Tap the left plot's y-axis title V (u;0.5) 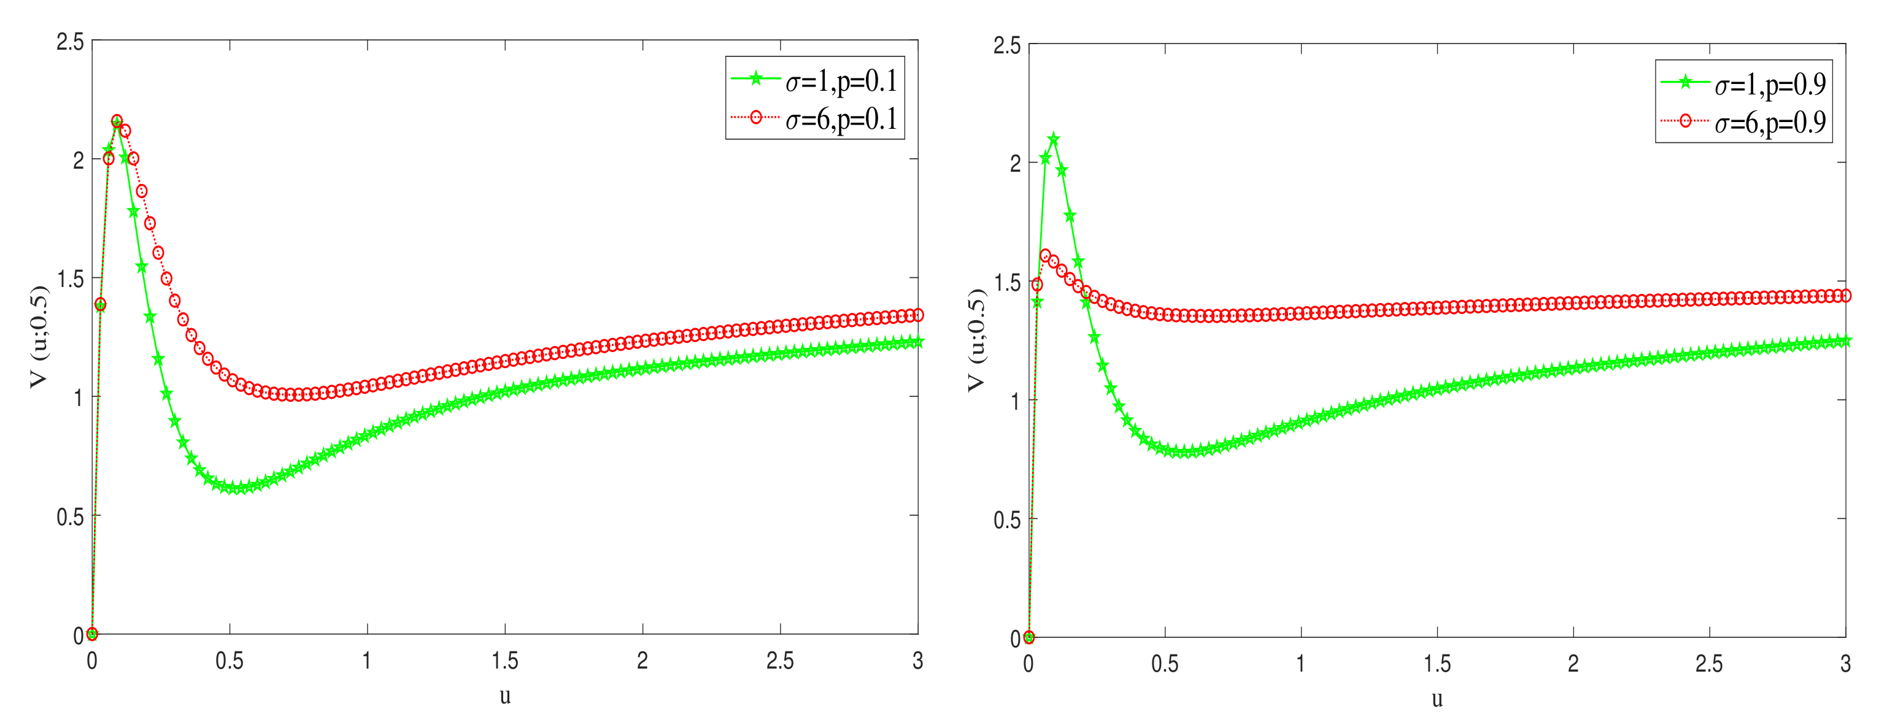pyautogui.click(x=39, y=337)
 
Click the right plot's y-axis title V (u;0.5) pyautogui.click(x=976, y=340)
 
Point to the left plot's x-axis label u pyautogui.click(x=504, y=696)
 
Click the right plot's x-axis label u pyautogui.click(x=1437, y=699)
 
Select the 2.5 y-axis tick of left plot pyautogui.click(x=71, y=42)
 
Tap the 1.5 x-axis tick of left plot pyautogui.click(x=504, y=661)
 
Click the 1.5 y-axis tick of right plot pyautogui.click(x=1006, y=283)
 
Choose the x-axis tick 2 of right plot pyautogui.click(x=1573, y=664)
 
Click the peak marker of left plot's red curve pyautogui.click(x=117, y=121)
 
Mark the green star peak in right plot pyautogui.click(x=1054, y=139)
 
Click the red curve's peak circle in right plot pyautogui.click(x=1045, y=256)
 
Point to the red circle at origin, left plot pyautogui.click(x=92, y=634)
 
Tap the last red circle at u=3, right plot pyautogui.click(x=1845, y=296)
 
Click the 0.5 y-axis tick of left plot pyautogui.click(x=71, y=517)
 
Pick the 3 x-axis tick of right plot pyautogui.click(x=1845, y=664)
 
